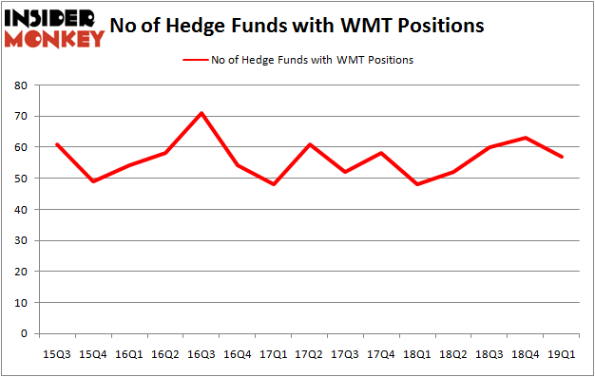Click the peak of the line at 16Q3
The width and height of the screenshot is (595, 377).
click(202, 113)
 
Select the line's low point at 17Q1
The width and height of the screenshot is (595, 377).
click(274, 184)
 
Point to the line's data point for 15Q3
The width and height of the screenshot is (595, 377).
click(58, 144)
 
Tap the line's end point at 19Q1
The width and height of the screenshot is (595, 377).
click(562, 157)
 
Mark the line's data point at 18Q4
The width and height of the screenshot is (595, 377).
click(526, 138)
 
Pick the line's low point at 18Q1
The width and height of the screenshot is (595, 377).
click(417, 184)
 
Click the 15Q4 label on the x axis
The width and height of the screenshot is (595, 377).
click(93, 354)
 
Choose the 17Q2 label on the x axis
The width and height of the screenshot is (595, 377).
click(309, 354)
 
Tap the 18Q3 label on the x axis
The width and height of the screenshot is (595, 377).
click(489, 354)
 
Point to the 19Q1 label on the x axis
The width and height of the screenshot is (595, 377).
click(562, 354)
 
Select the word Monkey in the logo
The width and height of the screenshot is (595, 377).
click(57, 38)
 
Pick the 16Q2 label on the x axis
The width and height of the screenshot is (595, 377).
click(165, 354)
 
